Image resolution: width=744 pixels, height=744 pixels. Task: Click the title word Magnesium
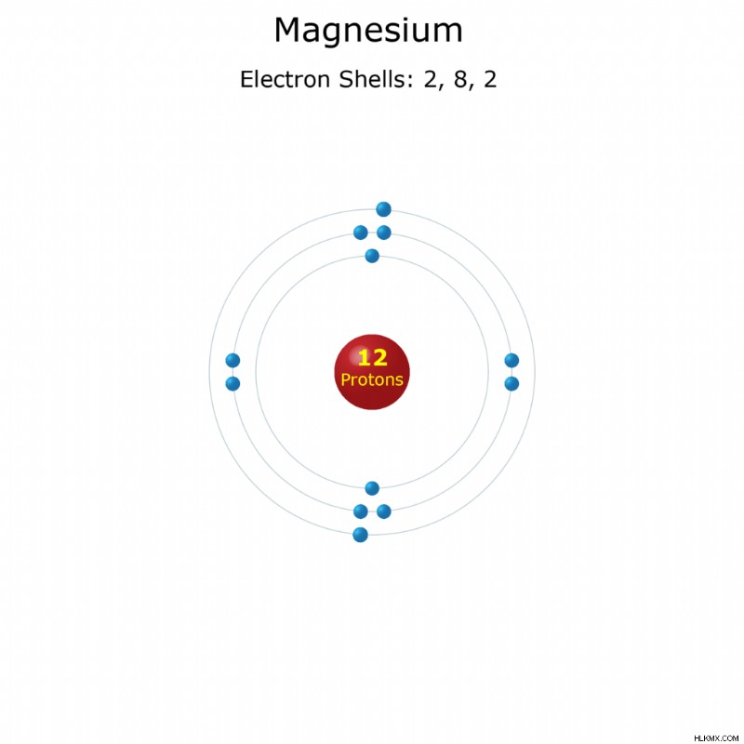tap(368, 31)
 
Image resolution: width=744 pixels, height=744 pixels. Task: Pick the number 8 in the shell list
tap(460, 79)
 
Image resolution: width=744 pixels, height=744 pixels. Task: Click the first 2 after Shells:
tap(431, 79)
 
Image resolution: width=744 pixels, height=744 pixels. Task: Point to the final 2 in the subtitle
tap(490, 79)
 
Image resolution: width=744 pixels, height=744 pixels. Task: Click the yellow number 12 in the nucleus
tap(372, 358)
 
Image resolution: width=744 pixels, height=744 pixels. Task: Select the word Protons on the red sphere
tap(372, 379)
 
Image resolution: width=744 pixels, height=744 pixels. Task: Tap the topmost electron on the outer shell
tap(383, 209)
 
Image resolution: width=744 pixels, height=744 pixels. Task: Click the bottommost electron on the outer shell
tap(361, 535)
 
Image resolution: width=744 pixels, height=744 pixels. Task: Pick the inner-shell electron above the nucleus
tap(372, 256)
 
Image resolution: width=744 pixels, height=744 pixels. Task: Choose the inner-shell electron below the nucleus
tap(372, 487)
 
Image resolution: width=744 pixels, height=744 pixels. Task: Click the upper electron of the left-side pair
tap(232, 360)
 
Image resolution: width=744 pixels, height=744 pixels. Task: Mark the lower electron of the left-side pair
tap(232, 383)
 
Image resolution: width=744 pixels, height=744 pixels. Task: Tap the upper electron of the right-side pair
tap(511, 360)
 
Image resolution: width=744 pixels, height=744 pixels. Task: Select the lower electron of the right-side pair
tap(511, 383)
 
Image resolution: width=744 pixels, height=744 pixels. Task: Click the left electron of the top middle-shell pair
tap(361, 232)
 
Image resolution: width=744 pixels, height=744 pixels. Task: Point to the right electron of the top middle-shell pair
tap(384, 232)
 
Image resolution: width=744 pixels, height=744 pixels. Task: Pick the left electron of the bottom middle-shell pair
tap(361, 511)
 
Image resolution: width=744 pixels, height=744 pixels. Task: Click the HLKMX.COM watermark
tap(716, 738)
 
